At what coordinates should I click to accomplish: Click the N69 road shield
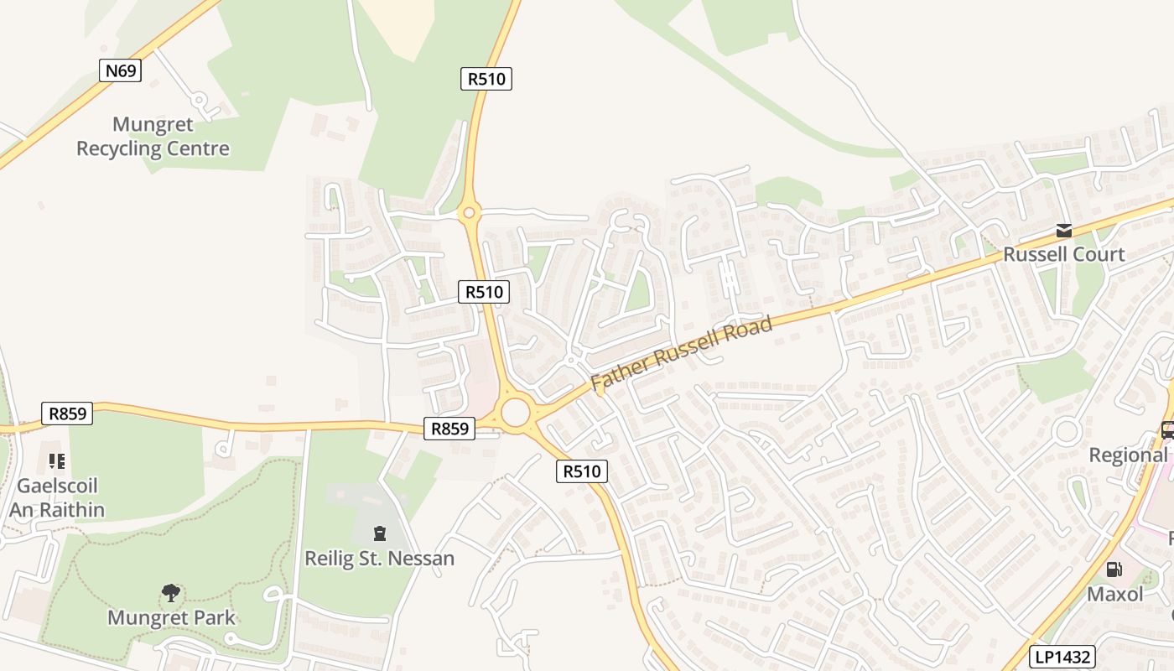[120, 70]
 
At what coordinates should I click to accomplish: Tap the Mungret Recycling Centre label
[153, 137]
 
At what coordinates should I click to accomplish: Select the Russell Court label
[1063, 254]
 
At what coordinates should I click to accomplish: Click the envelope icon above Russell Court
[1063, 231]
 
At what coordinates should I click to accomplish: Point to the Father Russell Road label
[681, 353]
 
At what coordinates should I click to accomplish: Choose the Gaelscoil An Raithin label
[57, 497]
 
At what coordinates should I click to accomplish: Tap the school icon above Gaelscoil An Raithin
[57, 460]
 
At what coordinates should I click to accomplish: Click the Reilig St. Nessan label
[379, 558]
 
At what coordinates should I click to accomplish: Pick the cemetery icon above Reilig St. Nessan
[379, 533]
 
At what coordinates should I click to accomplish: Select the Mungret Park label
[171, 618]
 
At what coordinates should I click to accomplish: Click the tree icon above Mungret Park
[171, 593]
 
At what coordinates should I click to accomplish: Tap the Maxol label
[1114, 595]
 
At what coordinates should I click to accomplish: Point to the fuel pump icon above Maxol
[1114, 570]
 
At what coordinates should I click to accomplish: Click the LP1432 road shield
[1062, 658]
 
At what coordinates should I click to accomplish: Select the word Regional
[1128, 455]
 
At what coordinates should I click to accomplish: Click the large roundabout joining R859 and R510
[515, 413]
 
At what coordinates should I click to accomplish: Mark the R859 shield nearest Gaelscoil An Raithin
[67, 413]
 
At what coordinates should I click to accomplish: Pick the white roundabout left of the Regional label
[1067, 432]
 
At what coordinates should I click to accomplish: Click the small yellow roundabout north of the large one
[469, 213]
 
